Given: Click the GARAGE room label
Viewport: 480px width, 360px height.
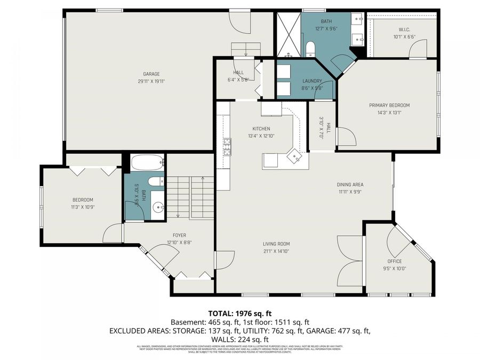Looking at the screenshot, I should (151, 74).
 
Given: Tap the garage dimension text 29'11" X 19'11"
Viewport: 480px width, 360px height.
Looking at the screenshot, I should (151, 82).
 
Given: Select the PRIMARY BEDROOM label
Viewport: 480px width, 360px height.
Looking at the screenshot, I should (389, 105).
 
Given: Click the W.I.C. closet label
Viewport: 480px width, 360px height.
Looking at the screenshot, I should (404, 30).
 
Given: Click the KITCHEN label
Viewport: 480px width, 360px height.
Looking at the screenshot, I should (261, 129).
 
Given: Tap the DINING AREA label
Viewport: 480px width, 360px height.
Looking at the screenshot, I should (350, 185).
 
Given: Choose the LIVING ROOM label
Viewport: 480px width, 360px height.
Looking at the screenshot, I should (276, 244).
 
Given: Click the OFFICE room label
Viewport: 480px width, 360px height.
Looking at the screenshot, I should (395, 261).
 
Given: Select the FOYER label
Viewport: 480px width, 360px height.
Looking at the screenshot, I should (179, 235).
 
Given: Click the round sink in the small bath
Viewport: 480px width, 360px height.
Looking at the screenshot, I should (158, 207).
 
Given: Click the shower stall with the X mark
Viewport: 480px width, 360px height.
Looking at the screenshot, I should (288, 34).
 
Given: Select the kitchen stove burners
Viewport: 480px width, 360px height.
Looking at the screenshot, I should (227, 146).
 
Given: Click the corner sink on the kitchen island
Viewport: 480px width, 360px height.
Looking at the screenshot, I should (294, 156).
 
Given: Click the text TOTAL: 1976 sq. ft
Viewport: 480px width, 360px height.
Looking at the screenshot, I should (239, 313).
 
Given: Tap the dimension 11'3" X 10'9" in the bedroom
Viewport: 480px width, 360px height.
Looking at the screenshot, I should (83, 207).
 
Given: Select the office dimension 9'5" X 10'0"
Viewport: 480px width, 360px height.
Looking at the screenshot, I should (395, 269).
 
